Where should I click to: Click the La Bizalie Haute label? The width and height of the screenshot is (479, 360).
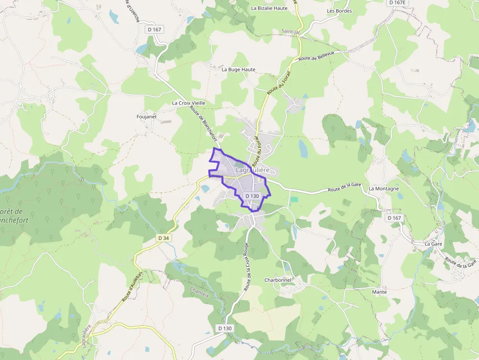click(x=269, y=8)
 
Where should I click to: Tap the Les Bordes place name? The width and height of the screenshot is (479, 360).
click(x=339, y=11)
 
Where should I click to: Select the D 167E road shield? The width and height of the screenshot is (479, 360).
click(x=397, y=2)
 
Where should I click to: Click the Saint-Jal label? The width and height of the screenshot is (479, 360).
click(x=290, y=31)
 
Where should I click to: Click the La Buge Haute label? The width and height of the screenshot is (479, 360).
click(x=239, y=70)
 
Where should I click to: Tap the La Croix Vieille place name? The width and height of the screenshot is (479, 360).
click(x=189, y=103)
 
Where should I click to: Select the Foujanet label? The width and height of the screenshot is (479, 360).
click(x=146, y=117)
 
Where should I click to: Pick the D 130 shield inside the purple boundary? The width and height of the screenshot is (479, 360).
click(x=252, y=195)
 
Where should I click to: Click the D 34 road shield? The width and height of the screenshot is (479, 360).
click(x=164, y=238)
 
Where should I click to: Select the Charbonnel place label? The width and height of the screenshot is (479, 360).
click(x=278, y=280)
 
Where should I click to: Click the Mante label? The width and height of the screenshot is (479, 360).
click(x=379, y=292)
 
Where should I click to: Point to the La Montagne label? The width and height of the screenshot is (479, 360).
click(x=384, y=189)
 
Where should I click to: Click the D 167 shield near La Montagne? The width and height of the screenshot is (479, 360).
click(x=394, y=218)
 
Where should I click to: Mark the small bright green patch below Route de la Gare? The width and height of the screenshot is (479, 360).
click(x=294, y=199)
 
